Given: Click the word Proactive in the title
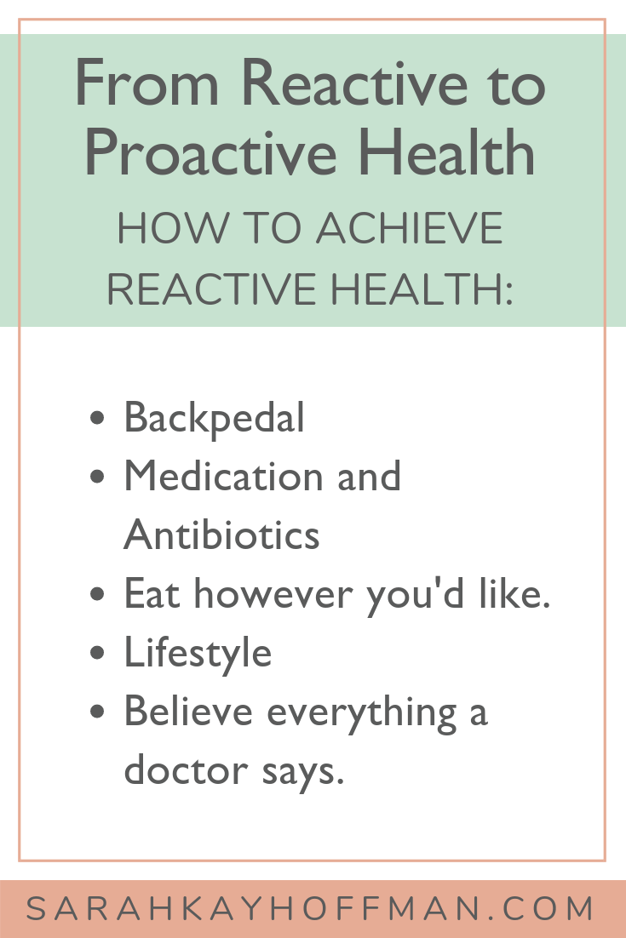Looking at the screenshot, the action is pos(210,154).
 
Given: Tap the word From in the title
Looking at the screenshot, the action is pos(147,83).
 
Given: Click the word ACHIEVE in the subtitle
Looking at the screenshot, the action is pos(410,228).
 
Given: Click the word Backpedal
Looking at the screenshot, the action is pos(215,418).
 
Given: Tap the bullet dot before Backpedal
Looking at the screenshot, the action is pos(97,417).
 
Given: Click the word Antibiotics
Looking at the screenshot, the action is pos(221,535).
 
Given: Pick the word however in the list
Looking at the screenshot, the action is pos(273,594).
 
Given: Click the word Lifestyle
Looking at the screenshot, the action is pos(198,653).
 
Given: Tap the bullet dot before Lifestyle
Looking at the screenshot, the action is pos(97,652).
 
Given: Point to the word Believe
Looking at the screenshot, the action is pos(188,712).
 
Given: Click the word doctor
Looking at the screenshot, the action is pos(186,769).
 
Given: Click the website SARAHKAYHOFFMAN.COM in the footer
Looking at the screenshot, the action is pos(310,909).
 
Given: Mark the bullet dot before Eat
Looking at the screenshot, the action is pos(97,594).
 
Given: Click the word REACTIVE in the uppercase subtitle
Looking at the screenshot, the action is pos(212,289).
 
